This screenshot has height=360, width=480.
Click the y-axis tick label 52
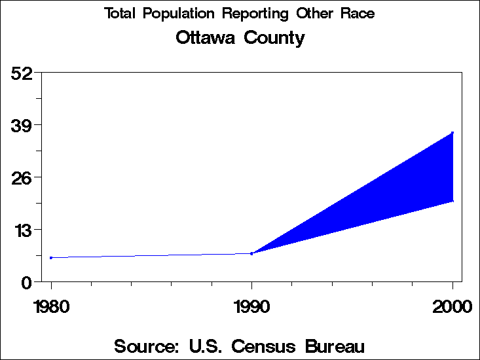point(22,73)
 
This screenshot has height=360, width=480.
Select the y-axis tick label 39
point(22,125)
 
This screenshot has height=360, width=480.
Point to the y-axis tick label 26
point(22,177)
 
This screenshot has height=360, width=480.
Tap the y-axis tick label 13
point(22,230)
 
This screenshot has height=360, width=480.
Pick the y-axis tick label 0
point(28,282)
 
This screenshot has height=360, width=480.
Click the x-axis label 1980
point(51,306)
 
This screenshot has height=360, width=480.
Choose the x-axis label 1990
point(251,306)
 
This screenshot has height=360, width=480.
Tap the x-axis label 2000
point(452,306)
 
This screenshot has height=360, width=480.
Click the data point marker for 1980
point(51,258)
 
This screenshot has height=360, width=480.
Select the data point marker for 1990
point(251,253)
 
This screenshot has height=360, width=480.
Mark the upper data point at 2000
point(452,133)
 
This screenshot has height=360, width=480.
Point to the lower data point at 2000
point(452,201)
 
